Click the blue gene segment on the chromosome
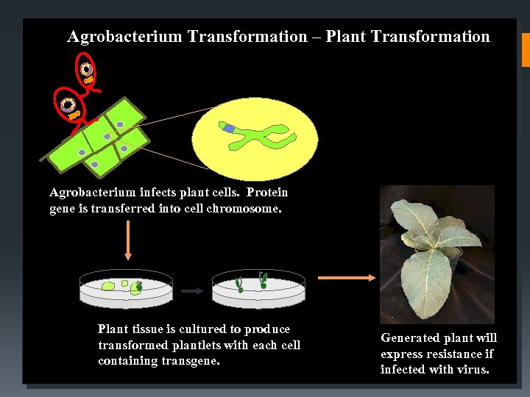(x=230, y=129)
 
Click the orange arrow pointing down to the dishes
(x=128, y=240)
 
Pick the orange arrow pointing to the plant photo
(x=345, y=278)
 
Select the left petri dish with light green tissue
(x=126, y=289)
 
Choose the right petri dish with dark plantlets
(x=258, y=289)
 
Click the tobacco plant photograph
(x=437, y=254)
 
